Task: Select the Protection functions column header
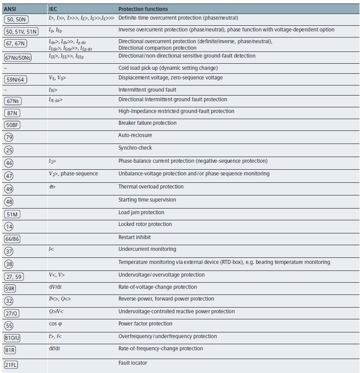click(143, 9)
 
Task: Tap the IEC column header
click(53, 9)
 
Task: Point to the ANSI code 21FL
click(13, 365)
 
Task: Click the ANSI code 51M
click(12, 214)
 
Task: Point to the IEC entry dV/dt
click(55, 287)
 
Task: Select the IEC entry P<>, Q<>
click(60, 299)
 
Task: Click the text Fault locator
click(133, 363)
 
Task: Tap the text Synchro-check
click(135, 148)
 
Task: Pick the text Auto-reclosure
click(135, 135)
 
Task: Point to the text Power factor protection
click(145, 324)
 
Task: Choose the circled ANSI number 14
click(8, 226)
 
